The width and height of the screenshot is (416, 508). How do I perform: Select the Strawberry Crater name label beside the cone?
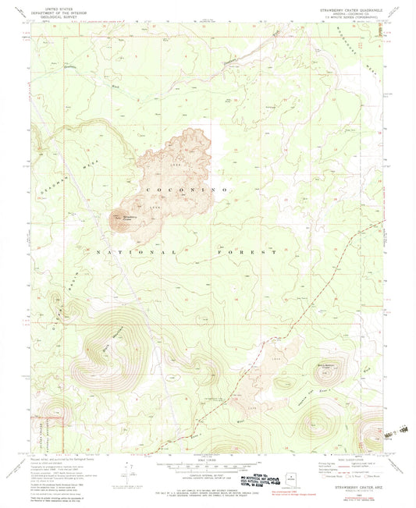coord(127,218)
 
